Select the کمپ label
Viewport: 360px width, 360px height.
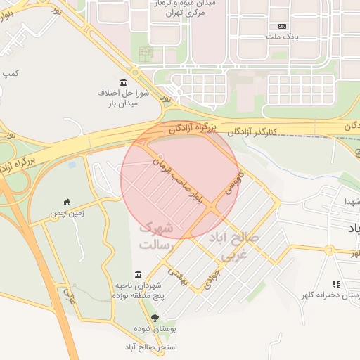[11, 73]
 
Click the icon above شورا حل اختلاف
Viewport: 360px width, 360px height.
[124, 82]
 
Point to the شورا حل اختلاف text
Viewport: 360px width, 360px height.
[124, 93]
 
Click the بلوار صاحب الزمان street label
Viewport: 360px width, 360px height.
[179, 181]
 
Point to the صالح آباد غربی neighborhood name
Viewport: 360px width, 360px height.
[234, 246]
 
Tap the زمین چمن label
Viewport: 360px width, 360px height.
[67, 212]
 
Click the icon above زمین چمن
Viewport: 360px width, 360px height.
[67, 202]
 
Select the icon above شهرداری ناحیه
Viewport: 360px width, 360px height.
[137, 274]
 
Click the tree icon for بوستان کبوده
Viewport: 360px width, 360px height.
[155, 318]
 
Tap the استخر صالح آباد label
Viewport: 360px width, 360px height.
[150, 347]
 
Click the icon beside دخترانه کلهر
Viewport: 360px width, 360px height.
[336, 284]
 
